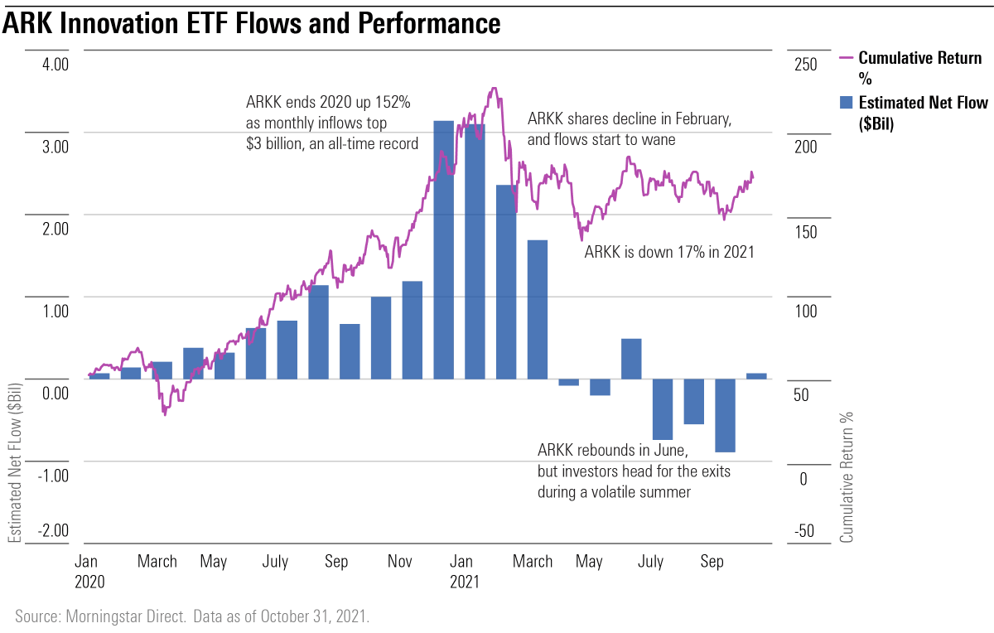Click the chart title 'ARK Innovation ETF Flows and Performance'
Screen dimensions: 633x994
point(251,23)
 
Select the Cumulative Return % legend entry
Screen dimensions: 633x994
point(911,67)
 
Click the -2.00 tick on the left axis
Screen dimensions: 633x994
point(51,531)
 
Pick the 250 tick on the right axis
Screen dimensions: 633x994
point(794,65)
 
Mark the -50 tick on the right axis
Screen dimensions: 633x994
point(796,531)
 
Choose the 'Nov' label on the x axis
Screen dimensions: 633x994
point(401,562)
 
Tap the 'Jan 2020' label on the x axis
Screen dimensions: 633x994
point(89,571)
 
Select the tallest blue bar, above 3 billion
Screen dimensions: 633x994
point(444,249)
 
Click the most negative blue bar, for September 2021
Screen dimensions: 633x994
point(726,415)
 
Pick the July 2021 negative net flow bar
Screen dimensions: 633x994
point(663,409)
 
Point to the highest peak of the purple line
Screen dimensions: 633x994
point(494,89)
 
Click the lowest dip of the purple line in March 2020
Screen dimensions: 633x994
point(165,412)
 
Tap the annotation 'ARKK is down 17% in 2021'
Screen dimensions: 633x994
point(669,253)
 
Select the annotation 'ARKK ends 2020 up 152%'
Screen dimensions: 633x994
point(329,103)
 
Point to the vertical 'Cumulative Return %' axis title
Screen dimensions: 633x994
point(846,477)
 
